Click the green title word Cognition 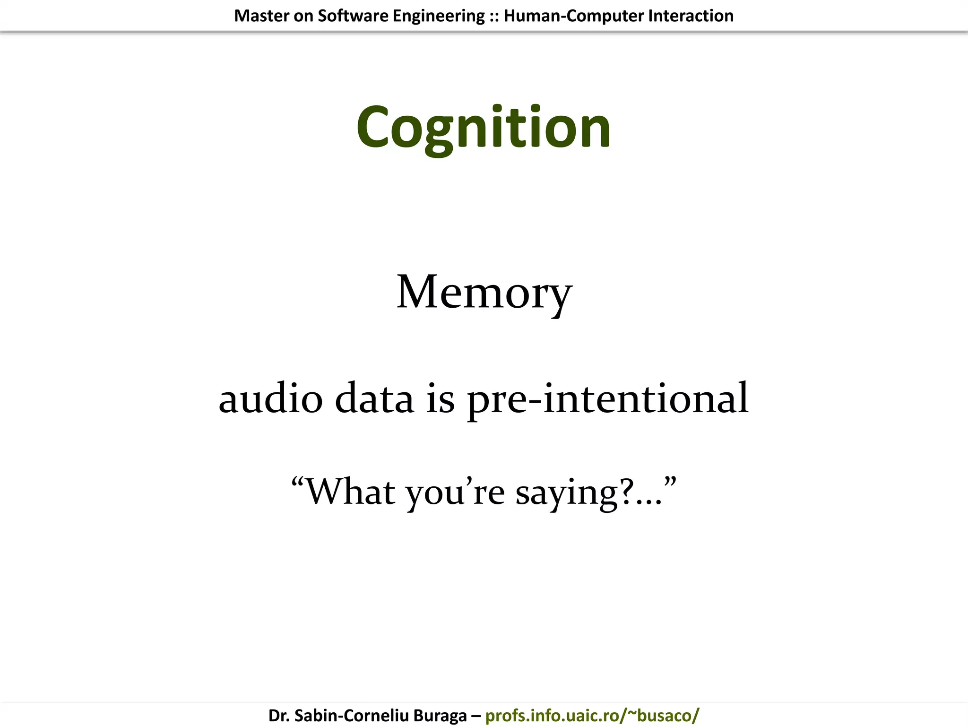click(x=483, y=128)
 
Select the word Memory click(x=484, y=293)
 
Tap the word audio click(x=270, y=398)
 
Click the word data click(x=374, y=398)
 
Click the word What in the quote click(x=350, y=492)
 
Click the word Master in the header click(x=261, y=16)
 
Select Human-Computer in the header click(x=573, y=16)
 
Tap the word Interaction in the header click(x=691, y=16)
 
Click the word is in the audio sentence click(x=441, y=398)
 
